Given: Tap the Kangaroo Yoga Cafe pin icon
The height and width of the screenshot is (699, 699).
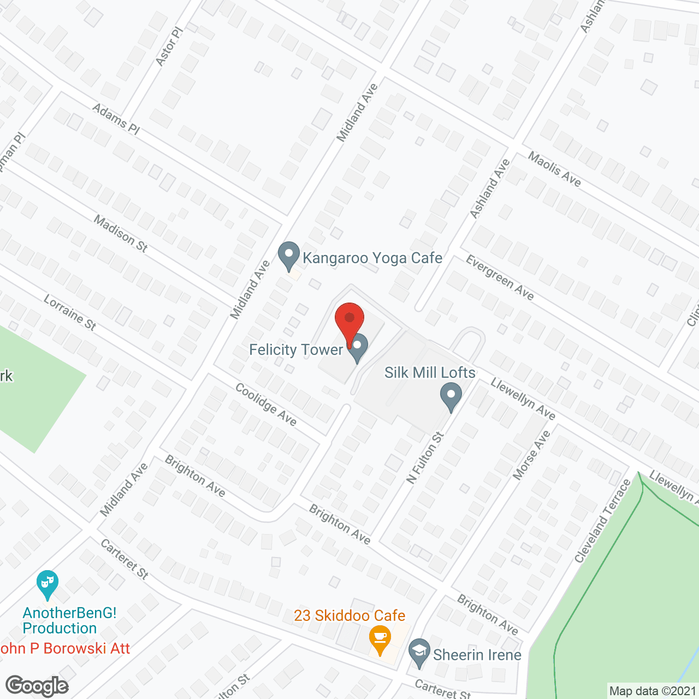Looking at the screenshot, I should click(x=289, y=255).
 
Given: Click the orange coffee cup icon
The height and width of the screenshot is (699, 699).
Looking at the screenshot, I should click(x=379, y=638).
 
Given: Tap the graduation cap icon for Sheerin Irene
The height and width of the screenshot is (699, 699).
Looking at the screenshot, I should click(x=419, y=652).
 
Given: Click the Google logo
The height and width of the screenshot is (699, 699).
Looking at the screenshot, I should click(x=37, y=685).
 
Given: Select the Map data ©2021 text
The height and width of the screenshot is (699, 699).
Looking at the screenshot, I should click(x=653, y=691).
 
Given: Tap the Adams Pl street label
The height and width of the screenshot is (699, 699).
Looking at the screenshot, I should click(x=116, y=119).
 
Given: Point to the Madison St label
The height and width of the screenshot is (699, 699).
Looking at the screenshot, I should click(x=121, y=234).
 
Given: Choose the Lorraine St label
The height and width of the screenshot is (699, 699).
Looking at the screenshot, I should click(x=70, y=313).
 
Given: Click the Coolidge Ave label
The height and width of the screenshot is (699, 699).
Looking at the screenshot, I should click(x=266, y=404).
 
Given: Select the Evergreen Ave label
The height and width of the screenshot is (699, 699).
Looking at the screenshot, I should click(x=500, y=277).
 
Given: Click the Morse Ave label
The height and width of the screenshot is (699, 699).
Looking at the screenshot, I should click(x=532, y=455).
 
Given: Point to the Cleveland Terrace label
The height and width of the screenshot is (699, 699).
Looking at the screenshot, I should click(x=603, y=520).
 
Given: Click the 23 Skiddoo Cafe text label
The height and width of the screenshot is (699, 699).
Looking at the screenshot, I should click(x=349, y=615).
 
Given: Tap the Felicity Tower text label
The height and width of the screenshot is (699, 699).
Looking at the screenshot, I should click(x=296, y=349).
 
